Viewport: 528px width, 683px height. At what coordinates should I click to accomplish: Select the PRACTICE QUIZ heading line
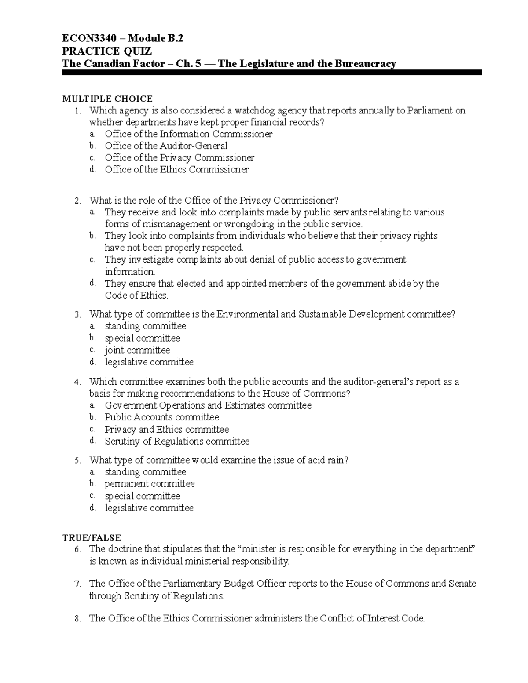tap(107, 51)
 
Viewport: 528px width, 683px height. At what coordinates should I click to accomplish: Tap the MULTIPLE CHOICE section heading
tap(107, 99)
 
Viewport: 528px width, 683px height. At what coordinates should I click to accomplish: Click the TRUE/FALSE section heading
tap(92, 537)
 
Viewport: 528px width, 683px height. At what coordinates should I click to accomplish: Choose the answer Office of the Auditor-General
tap(166, 146)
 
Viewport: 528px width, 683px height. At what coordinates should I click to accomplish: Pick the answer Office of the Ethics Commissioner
tap(176, 169)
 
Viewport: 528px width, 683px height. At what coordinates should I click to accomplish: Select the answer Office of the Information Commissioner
tap(188, 134)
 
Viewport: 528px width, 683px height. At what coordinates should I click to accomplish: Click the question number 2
tap(77, 201)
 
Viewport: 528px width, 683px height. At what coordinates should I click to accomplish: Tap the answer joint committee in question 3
tap(137, 350)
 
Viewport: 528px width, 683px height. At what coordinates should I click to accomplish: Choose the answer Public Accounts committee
tap(161, 417)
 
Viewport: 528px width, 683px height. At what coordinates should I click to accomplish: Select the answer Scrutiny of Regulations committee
tap(177, 441)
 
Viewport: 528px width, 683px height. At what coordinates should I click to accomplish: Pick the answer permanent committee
tap(150, 484)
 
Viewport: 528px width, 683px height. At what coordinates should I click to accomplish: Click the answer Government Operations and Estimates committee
tap(208, 405)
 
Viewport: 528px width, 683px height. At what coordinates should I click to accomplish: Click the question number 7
tap(77, 584)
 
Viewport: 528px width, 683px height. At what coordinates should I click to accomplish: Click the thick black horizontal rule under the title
tap(272, 73)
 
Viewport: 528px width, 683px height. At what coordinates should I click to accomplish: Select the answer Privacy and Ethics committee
tap(166, 429)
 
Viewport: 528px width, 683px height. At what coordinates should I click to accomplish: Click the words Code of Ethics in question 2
tap(136, 296)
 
